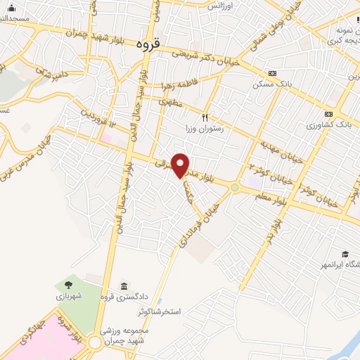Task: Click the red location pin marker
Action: (x=181, y=165)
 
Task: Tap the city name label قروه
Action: (x=148, y=44)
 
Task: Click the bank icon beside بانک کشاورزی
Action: (x=328, y=114)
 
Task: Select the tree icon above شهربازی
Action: (x=69, y=285)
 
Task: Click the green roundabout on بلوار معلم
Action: (x=234, y=187)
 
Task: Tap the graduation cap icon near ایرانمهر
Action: (x=345, y=254)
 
